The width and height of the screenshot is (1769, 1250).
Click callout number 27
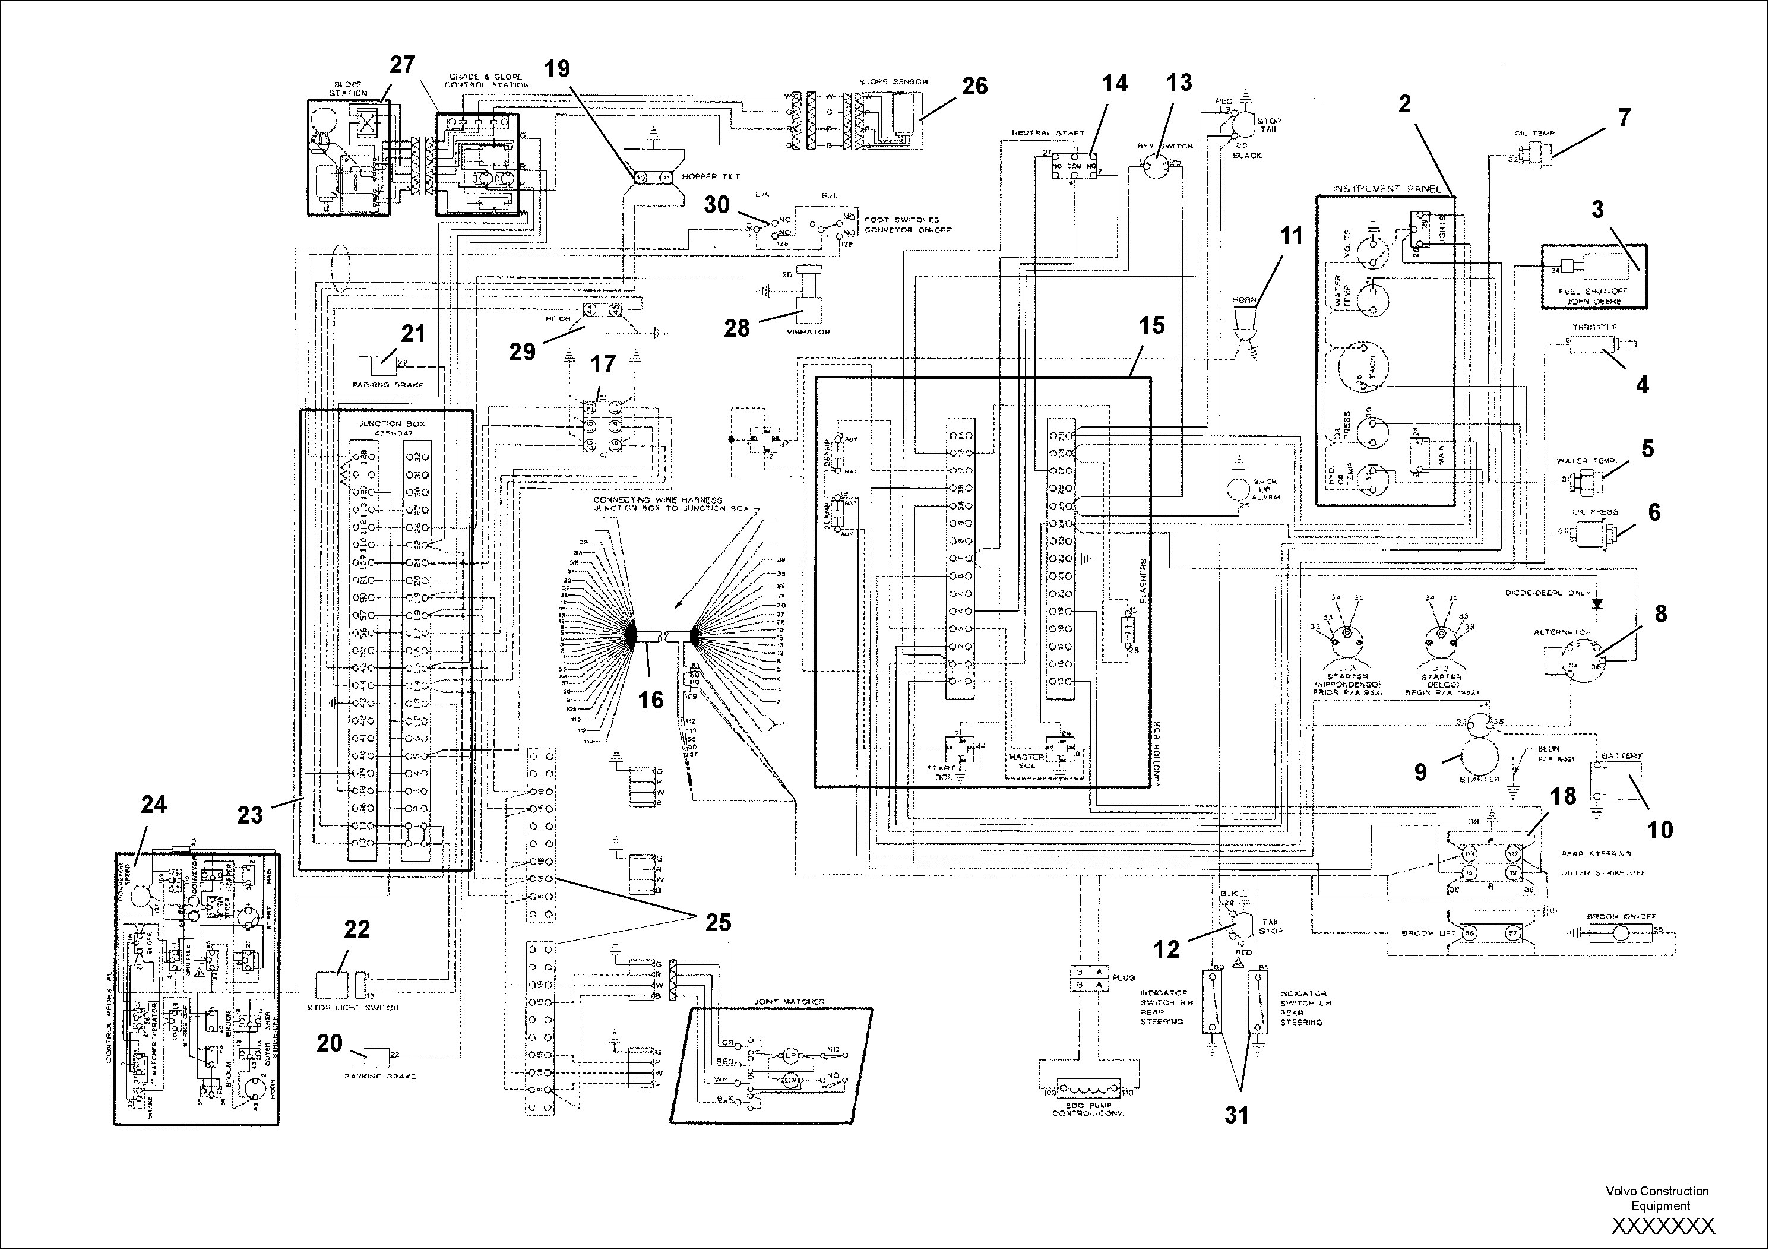[402, 65]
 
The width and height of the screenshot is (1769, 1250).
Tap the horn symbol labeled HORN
[1243, 321]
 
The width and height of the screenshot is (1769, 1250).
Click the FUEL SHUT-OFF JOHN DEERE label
[1593, 297]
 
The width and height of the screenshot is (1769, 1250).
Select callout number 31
[1236, 1115]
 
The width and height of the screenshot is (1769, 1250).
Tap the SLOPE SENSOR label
[893, 82]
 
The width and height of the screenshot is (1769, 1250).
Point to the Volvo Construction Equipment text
[1657, 1198]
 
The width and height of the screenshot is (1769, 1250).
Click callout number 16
[651, 699]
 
